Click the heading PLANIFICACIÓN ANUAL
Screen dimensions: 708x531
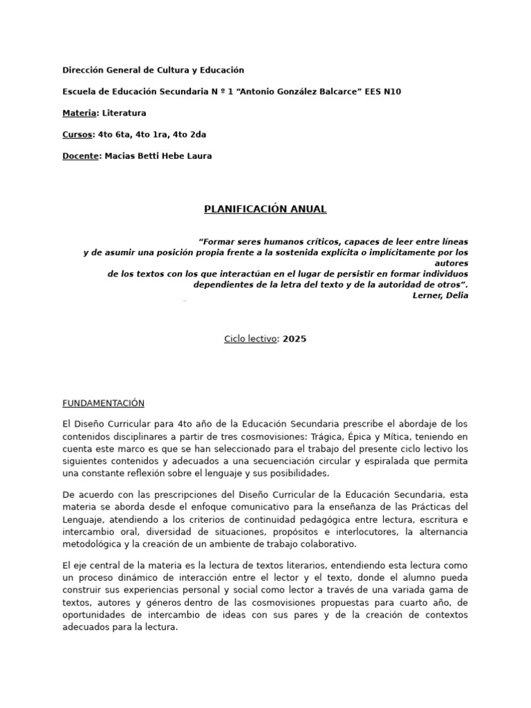pos(265,209)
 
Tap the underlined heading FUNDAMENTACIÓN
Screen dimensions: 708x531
pos(104,403)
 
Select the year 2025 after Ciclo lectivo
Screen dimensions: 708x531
pos(294,339)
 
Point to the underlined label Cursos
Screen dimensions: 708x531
pos(77,134)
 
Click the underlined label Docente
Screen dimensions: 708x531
pos(80,156)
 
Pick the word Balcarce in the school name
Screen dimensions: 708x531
pos(335,91)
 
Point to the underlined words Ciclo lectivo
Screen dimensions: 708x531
pos(250,339)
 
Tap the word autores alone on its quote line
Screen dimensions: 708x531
pos(452,263)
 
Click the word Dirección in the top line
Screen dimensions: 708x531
pos(83,70)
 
